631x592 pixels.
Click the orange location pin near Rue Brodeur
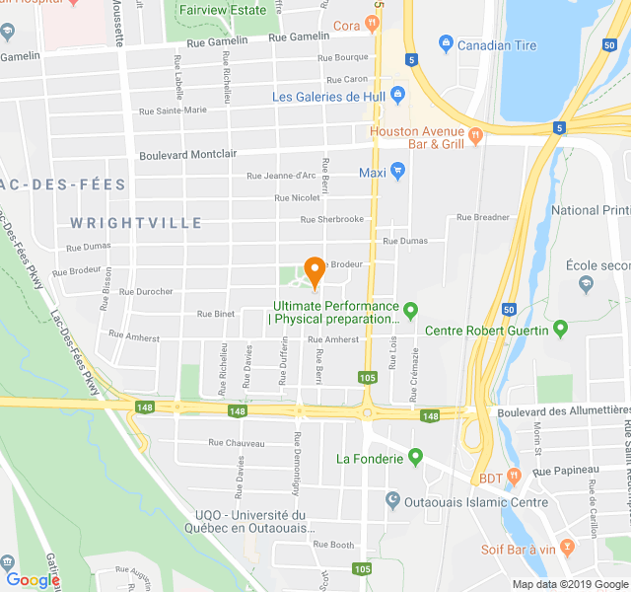tap(315, 270)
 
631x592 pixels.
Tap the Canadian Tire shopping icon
tap(446, 43)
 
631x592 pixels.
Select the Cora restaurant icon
tap(372, 24)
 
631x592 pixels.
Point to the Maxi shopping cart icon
tap(398, 171)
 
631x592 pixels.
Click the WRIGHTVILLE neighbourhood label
tap(137, 223)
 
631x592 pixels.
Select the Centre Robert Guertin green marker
tap(561, 328)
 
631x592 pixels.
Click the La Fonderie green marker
tap(415, 457)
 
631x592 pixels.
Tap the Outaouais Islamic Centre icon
tap(392, 501)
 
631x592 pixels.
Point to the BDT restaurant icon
tap(513, 478)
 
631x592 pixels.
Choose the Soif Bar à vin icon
tap(566, 546)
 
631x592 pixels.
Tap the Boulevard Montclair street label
tap(188, 155)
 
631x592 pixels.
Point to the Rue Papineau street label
tap(566, 472)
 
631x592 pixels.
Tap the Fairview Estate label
tap(223, 10)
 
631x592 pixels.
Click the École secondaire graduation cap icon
tap(587, 284)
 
